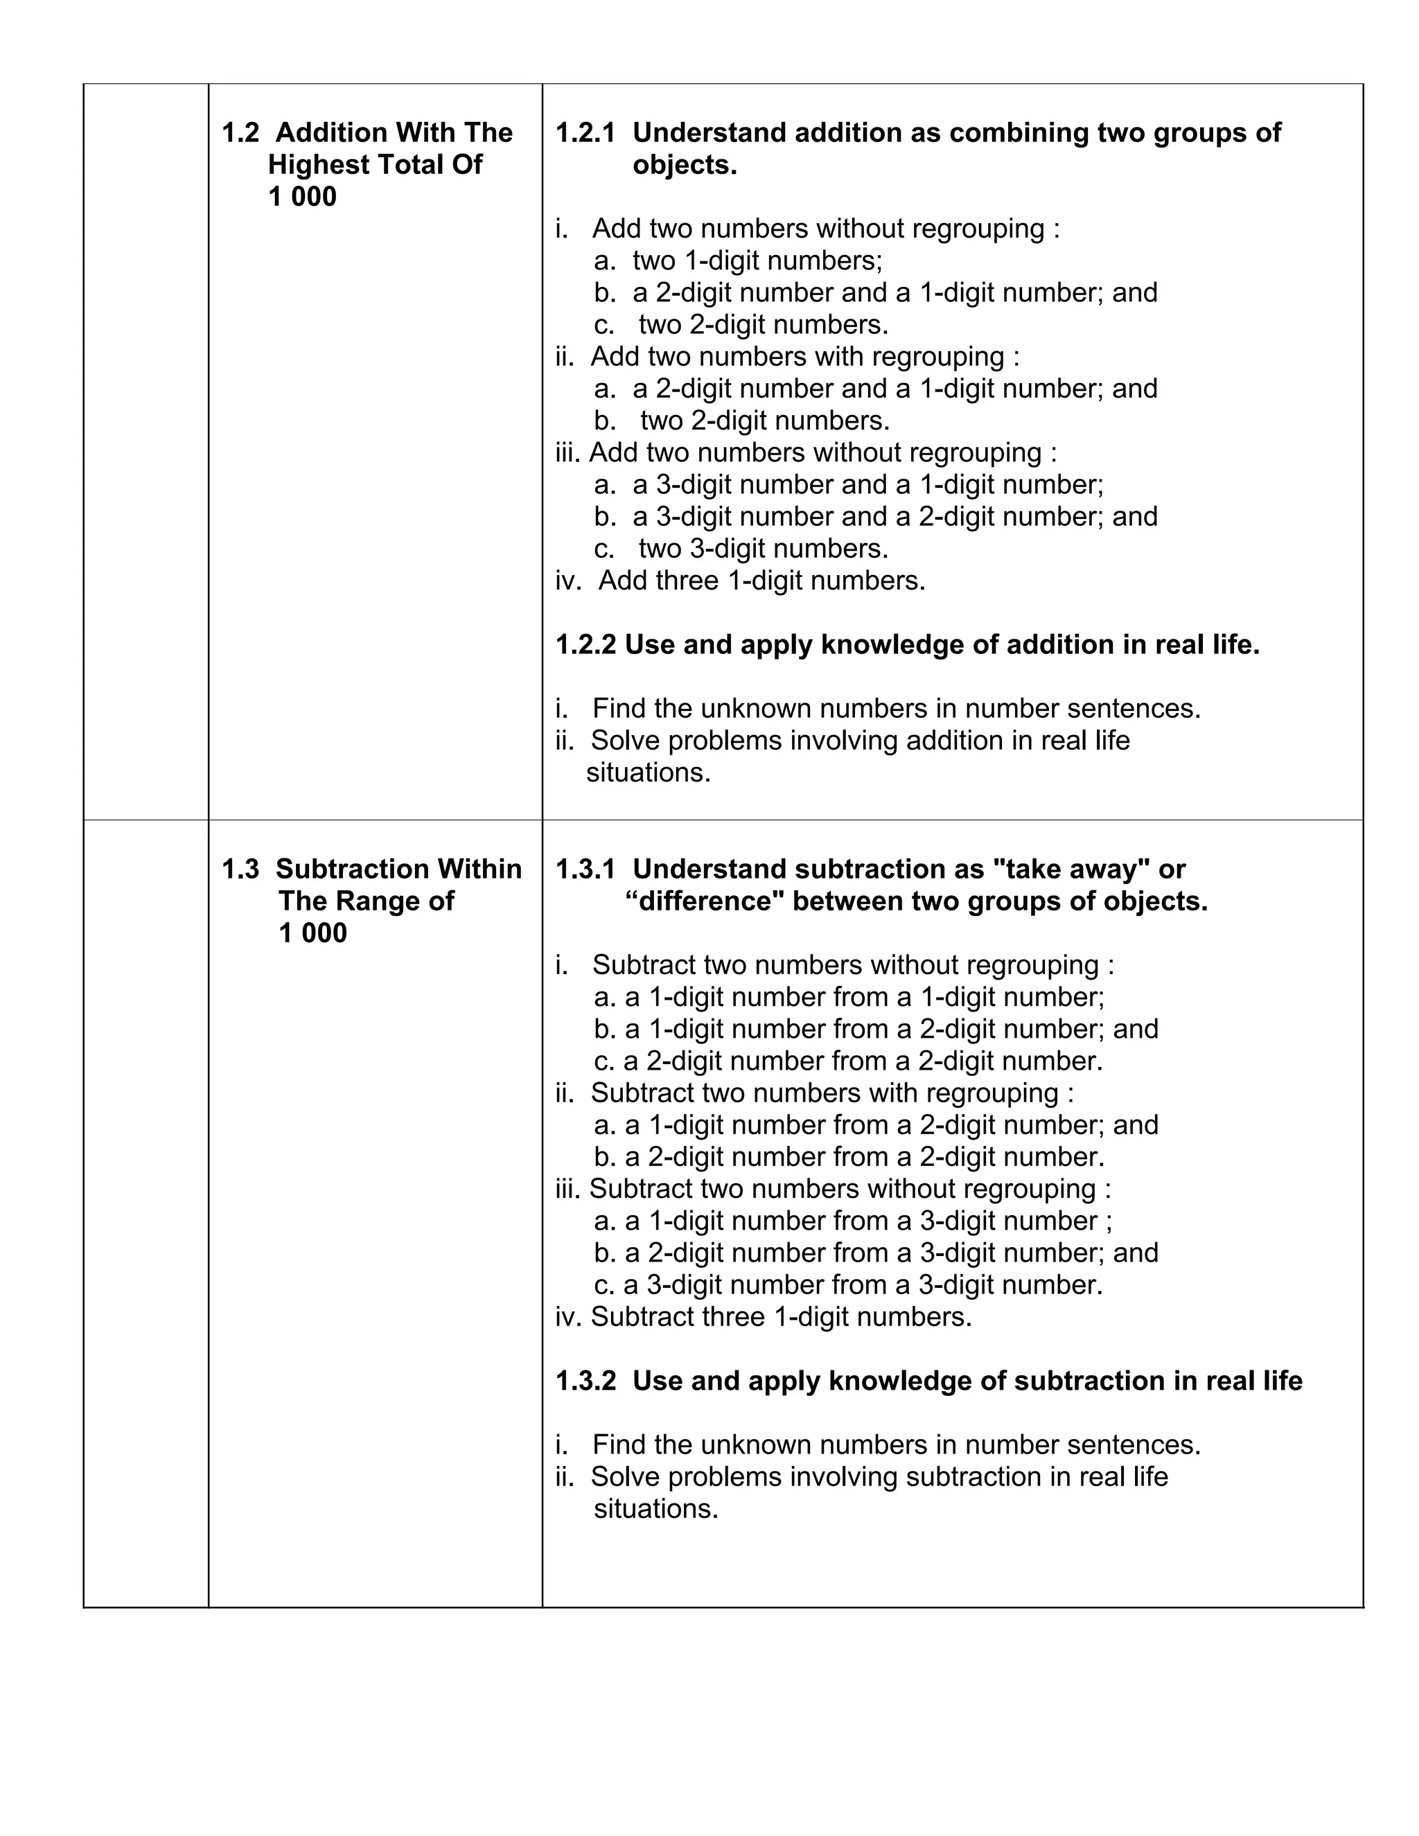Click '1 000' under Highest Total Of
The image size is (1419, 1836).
(302, 197)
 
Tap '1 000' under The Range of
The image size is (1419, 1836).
(312, 933)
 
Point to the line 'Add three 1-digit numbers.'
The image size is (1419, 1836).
(761, 581)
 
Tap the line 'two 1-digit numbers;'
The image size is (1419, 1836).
(757, 261)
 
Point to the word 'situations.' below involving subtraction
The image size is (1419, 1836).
(655, 1509)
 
